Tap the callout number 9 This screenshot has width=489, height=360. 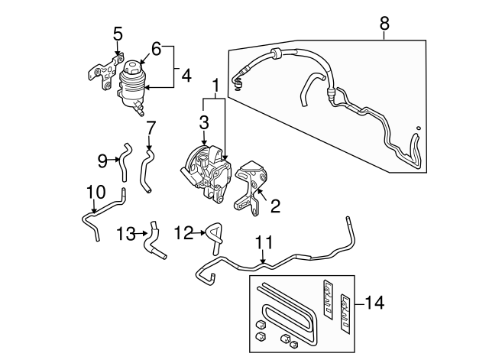pyautogui.click(x=102, y=160)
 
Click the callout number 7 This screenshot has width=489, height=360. pyautogui.click(x=151, y=126)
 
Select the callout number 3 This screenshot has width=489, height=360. pyautogui.click(x=204, y=122)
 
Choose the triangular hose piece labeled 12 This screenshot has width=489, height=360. pyautogui.click(x=212, y=234)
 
